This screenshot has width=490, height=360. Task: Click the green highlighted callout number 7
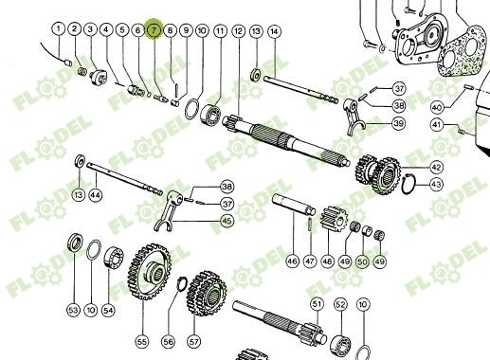coord(154,29)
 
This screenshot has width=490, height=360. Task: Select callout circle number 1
coord(58,29)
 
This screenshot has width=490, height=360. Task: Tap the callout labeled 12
coord(239,31)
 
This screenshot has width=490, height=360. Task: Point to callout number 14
coord(274,31)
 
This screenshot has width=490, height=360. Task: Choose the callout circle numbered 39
coord(399,123)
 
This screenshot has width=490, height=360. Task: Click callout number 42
coord(436,167)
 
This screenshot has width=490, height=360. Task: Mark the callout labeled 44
coord(96,195)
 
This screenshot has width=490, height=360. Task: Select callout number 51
coord(317,304)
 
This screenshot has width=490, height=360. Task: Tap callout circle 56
coord(168,341)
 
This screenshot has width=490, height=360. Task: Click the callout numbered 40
coord(437,108)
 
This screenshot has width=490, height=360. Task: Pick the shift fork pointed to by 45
coord(169,210)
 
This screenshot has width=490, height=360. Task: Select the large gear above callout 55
coord(149,271)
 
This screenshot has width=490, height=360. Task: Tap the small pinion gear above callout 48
coord(334,219)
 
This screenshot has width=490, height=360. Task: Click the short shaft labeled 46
coord(294,205)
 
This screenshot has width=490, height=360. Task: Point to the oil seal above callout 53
coord(76,243)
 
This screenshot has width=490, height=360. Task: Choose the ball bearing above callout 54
coord(114,258)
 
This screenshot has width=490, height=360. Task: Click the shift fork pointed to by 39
coord(354,117)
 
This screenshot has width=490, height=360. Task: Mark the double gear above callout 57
coord(207,294)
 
